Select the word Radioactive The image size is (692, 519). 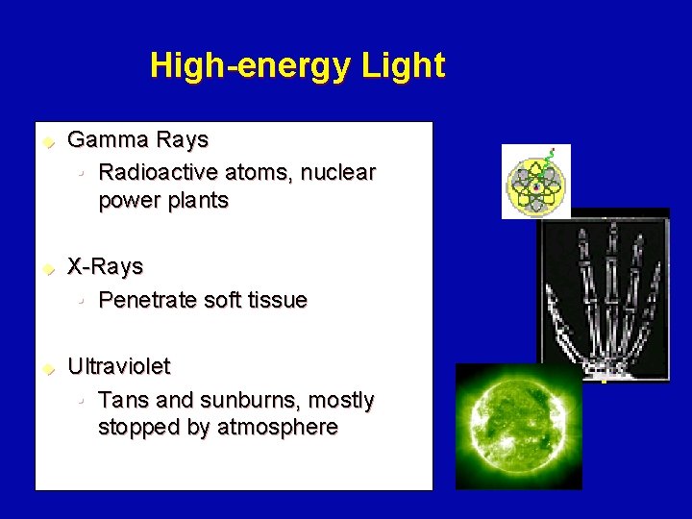159,173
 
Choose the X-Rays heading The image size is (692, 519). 105,266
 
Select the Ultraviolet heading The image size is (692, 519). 118,366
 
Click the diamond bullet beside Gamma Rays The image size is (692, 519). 44,142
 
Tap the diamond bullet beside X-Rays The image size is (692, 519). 44,269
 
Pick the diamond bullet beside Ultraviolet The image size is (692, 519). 44,369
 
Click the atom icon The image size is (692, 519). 535,182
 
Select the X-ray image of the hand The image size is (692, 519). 603,294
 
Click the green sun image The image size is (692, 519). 518,426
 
